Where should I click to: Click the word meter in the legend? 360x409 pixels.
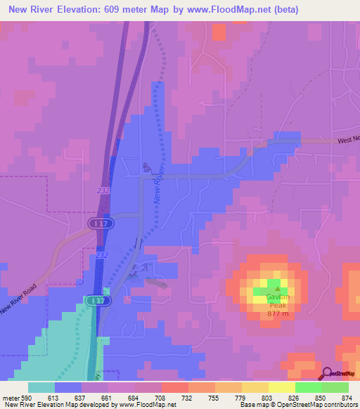click(x=10, y=397)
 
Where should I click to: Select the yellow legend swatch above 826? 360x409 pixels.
click(x=282, y=387)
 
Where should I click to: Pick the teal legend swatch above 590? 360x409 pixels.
click(x=41, y=387)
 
